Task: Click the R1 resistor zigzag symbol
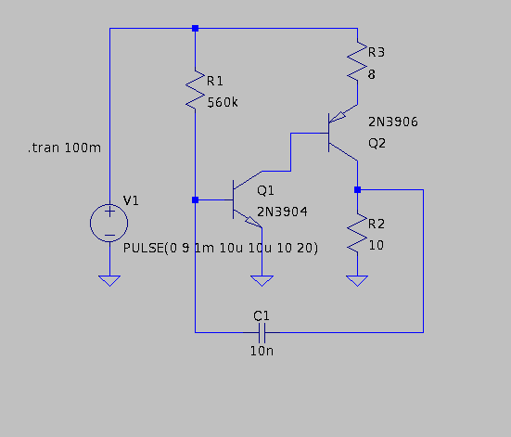195,90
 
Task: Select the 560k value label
223,103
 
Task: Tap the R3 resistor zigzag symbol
357,61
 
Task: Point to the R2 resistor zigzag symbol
357,233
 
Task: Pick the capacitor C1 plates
262,333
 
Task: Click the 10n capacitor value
262,352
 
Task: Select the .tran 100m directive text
64,148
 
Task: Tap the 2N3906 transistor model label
393,122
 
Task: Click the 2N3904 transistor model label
282,212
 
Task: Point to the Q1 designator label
265,190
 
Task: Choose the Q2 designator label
377,143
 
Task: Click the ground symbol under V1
109,281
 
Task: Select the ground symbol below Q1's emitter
262,281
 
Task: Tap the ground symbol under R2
357,281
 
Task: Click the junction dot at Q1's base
195,199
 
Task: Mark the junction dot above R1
195,29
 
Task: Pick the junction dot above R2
357,189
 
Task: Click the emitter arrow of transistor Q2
338,117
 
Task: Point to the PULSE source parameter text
221,248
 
